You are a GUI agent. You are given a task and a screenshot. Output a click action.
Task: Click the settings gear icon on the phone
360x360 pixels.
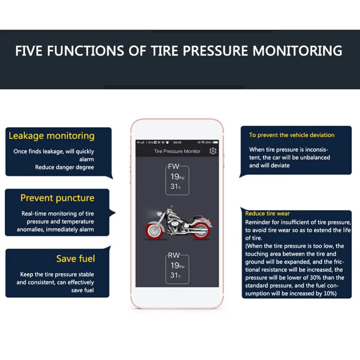[x=213, y=151]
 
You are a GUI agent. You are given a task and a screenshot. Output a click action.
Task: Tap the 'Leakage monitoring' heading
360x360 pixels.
[x=52, y=136]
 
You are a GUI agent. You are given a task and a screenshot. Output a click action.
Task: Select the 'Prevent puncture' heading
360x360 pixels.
[x=57, y=198]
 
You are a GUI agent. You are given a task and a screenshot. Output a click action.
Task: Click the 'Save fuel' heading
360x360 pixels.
[x=76, y=258]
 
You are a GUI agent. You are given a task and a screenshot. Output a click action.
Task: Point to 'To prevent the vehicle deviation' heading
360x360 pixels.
[x=292, y=135]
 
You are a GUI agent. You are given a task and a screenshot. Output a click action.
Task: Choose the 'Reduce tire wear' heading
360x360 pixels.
[x=267, y=214]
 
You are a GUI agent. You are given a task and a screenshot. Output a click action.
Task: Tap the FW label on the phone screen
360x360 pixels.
[x=174, y=166]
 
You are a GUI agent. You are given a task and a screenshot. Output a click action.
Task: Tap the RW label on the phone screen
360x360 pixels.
[x=174, y=255]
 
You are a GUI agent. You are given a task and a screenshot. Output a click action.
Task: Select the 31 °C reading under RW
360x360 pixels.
[x=176, y=275]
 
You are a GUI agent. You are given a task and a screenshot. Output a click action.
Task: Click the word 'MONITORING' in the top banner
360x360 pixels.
[x=298, y=51]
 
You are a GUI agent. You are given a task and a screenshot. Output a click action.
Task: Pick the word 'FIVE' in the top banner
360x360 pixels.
[x=29, y=51]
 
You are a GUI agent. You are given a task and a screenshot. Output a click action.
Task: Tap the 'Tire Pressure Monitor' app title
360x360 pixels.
[x=177, y=151]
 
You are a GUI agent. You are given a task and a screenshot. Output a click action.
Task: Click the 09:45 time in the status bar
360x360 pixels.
[x=178, y=142]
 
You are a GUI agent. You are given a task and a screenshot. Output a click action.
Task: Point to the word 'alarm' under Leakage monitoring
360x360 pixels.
[x=87, y=159]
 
